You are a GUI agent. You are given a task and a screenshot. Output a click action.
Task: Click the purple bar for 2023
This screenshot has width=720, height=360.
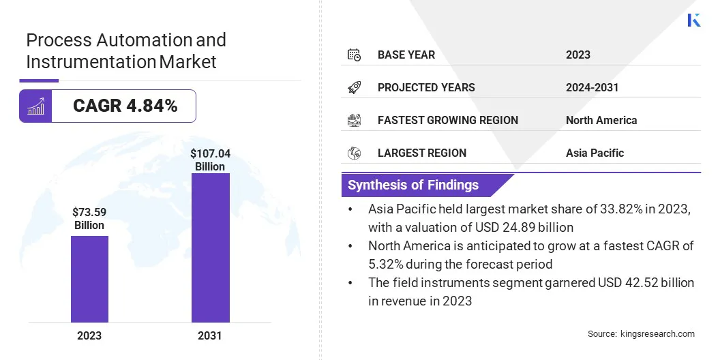89,279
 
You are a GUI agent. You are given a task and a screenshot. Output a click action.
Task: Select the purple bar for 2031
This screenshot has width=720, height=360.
210,247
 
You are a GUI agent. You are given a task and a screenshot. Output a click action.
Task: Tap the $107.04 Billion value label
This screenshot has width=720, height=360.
210,160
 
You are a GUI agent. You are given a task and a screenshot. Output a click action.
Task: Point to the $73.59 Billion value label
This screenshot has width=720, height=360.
89,218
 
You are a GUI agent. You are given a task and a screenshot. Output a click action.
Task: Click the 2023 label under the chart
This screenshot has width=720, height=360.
89,335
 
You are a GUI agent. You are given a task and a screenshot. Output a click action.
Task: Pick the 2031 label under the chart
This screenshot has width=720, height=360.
210,335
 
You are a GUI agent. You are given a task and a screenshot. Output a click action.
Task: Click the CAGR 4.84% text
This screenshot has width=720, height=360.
125,106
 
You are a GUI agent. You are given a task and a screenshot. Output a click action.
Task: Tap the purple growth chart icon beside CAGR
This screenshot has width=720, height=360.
35,106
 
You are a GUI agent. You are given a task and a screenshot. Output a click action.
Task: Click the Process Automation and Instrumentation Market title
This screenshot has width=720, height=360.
126,50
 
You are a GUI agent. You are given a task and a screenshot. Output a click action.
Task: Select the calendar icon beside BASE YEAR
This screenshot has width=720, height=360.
354,55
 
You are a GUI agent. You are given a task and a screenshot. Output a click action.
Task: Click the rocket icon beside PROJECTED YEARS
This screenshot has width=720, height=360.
354,87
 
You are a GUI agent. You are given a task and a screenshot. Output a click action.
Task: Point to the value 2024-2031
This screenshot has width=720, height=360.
592,87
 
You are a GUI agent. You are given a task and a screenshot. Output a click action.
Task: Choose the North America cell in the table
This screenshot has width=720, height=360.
601,120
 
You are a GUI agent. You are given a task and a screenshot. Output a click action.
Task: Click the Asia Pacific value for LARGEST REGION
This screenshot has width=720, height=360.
595,153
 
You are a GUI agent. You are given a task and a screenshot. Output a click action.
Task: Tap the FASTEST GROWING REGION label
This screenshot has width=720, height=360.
447,120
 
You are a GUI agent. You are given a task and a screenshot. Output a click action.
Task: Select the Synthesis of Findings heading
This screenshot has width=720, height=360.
413,185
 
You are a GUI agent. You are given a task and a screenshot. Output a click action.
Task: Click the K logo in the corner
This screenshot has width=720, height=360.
694,20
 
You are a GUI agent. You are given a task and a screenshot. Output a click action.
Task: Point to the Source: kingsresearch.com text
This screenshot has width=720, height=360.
641,333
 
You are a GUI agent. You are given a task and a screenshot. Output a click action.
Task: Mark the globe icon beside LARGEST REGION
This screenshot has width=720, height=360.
354,153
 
